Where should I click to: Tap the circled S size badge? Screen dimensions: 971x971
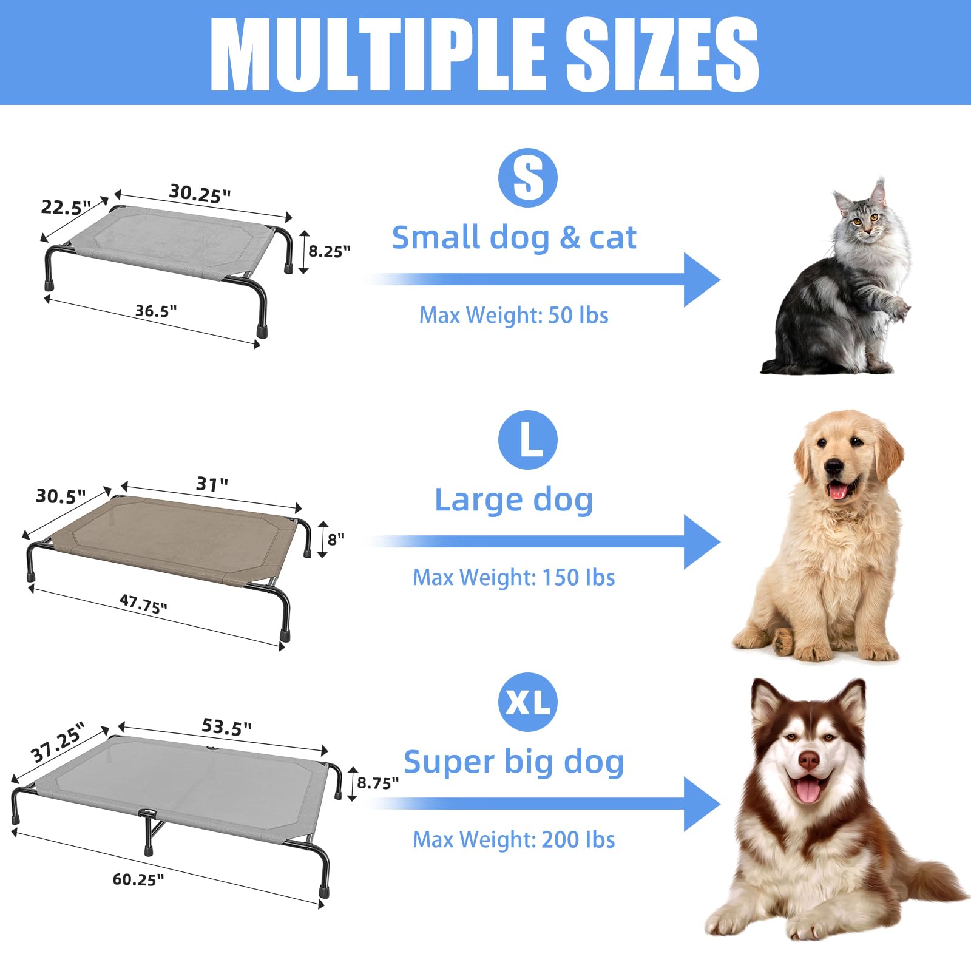pyautogui.click(x=527, y=178)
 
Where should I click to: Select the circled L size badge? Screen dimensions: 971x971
pyautogui.click(x=527, y=440)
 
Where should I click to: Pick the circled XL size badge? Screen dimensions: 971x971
pyautogui.click(x=527, y=702)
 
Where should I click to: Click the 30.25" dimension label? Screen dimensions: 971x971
pyautogui.click(x=200, y=194)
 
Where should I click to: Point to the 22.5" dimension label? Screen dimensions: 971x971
pyautogui.click(x=66, y=208)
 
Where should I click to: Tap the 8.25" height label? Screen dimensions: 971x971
pyautogui.click(x=329, y=251)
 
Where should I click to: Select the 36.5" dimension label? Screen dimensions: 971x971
pyautogui.click(x=156, y=311)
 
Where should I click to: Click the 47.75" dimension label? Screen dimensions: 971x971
pyautogui.click(x=143, y=604)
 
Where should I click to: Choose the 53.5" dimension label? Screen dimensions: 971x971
pyautogui.click(x=226, y=726)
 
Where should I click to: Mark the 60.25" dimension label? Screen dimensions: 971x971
pyautogui.click(x=138, y=879)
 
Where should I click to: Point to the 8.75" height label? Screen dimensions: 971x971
pyautogui.click(x=377, y=783)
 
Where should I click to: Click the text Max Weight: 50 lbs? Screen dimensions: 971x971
pyautogui.click(x=513, y=316)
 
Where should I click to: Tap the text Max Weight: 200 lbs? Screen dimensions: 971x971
pyautogui.click(x=513, y=840)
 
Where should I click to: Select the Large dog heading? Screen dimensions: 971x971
pyautogui.click(x=513, y=500)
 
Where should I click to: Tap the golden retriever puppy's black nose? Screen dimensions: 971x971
pyautogui.click(x=834, y=467)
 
